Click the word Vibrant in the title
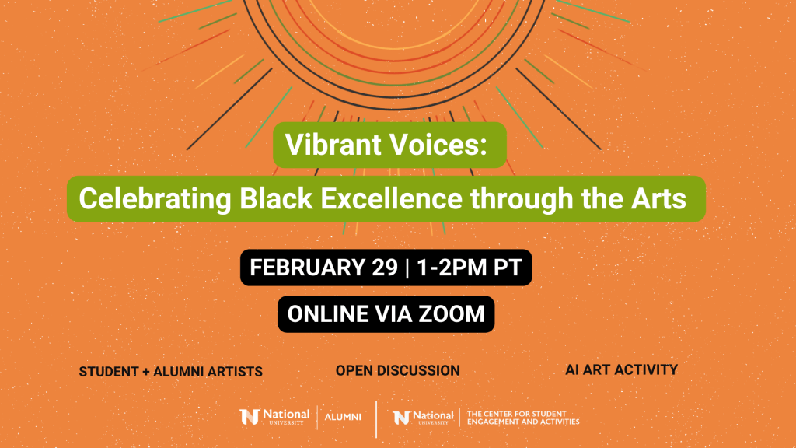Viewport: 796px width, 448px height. coord(333,145)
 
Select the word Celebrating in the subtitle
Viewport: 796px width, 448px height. coord(155,198)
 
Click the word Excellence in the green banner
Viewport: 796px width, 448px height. coord(391,198)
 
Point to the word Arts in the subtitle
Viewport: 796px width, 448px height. coord(658,198)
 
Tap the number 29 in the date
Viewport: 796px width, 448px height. coord(384,268)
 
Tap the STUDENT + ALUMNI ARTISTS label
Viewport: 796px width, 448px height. coord(170,372)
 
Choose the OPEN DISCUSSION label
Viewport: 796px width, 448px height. coord(397,371)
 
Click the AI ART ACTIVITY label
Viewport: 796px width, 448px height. coord(621,369)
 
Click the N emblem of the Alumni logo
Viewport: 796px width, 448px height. coord(250,417)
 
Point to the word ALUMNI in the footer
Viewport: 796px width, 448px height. coord(343,417)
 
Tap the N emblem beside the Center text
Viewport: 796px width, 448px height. coord(401,418)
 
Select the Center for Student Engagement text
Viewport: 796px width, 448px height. coord(523,418)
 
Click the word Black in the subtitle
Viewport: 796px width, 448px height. coord(276,198)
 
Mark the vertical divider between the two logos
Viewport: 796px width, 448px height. coord(376,419)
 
